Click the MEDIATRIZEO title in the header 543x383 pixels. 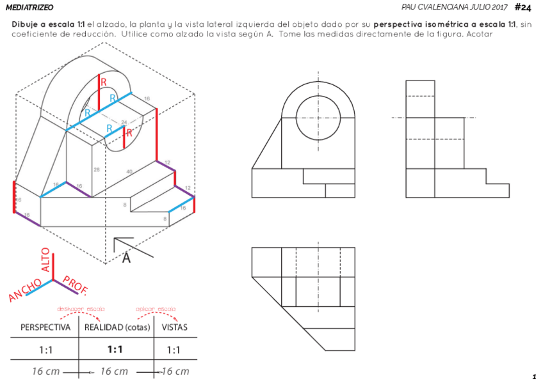coord(29,7)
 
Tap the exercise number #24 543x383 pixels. coord(523,7)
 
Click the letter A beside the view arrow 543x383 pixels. coord(126,258)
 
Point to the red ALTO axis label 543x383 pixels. coord(45,260)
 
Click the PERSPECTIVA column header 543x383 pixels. coord(45,327)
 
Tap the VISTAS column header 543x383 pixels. coord(174,327)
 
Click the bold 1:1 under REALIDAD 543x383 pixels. coord(116,350)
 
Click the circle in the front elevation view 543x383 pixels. coord(318,118)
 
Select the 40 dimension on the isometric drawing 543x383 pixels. coord(129,171)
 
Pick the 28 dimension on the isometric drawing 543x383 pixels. coord(97,169)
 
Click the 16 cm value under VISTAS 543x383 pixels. coord(174,371)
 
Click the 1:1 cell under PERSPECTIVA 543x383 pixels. coord(45,350)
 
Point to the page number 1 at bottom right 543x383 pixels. coord(533,377)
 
